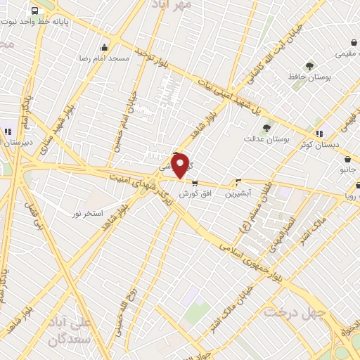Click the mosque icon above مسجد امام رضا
(105, 48)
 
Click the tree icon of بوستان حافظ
(309, 67)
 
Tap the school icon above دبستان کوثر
(320, 133)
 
